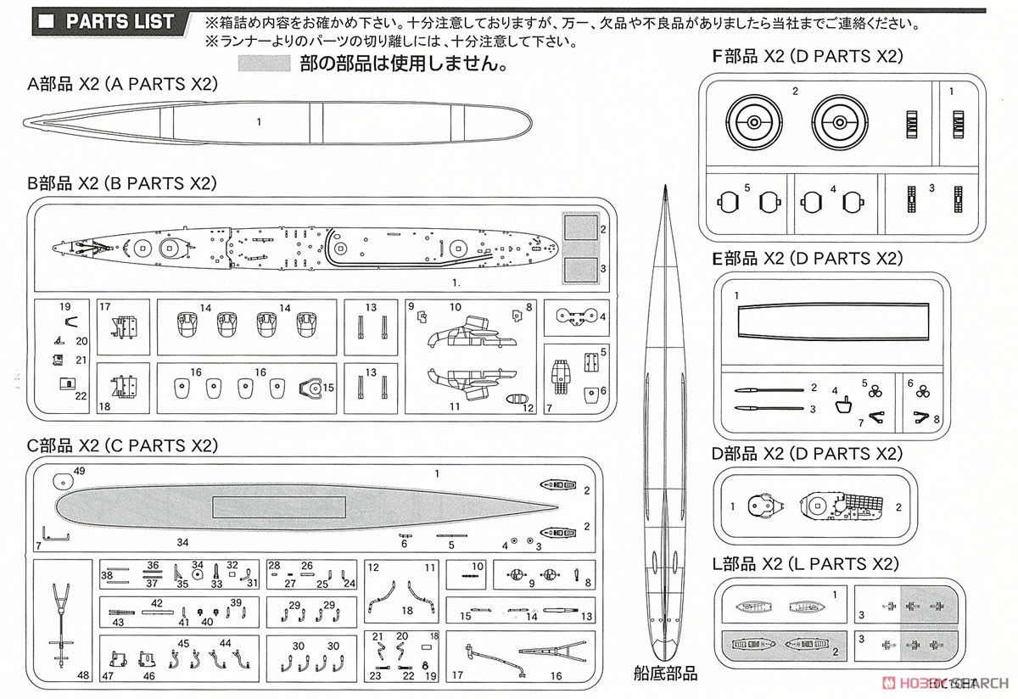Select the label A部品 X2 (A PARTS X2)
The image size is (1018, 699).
pos(124,84)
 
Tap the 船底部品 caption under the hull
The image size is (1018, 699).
pos(667,674)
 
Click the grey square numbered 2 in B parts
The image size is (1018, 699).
pos(581,230)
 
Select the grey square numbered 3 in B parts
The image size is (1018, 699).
pos(581,269)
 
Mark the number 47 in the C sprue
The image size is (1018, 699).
pos(107,676)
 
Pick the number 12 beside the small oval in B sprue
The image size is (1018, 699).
pos(528,408)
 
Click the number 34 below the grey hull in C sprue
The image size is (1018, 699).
pos(183,542)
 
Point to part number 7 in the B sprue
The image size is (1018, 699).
pos(549,408)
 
